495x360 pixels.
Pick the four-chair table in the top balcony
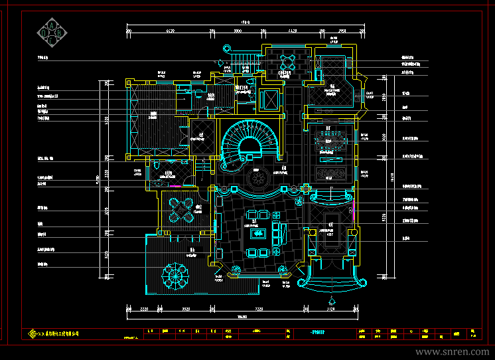pos(288,62)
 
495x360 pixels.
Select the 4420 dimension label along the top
pos(292,31)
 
